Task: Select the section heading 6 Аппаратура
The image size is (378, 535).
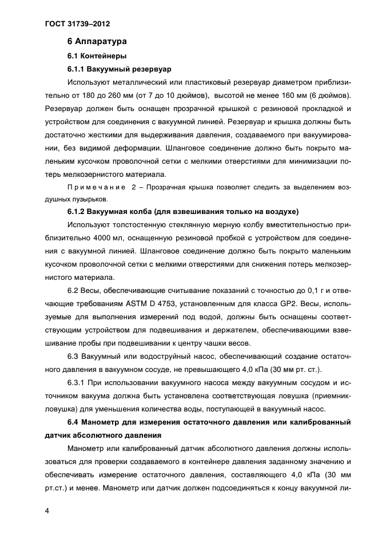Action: (x=97, y=42)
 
